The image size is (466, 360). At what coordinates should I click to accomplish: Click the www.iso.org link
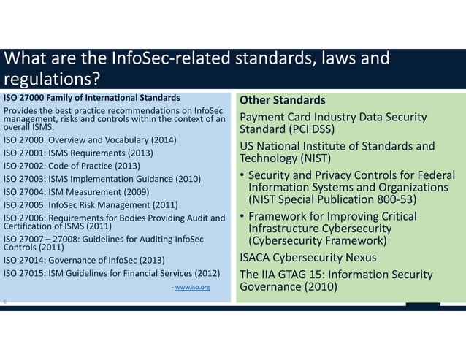[193, 288]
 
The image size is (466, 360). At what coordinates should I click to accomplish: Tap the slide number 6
[6, 302]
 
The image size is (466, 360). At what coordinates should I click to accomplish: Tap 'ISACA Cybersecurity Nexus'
[308, 257]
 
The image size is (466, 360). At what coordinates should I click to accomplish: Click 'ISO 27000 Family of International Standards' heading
[92, 96]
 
